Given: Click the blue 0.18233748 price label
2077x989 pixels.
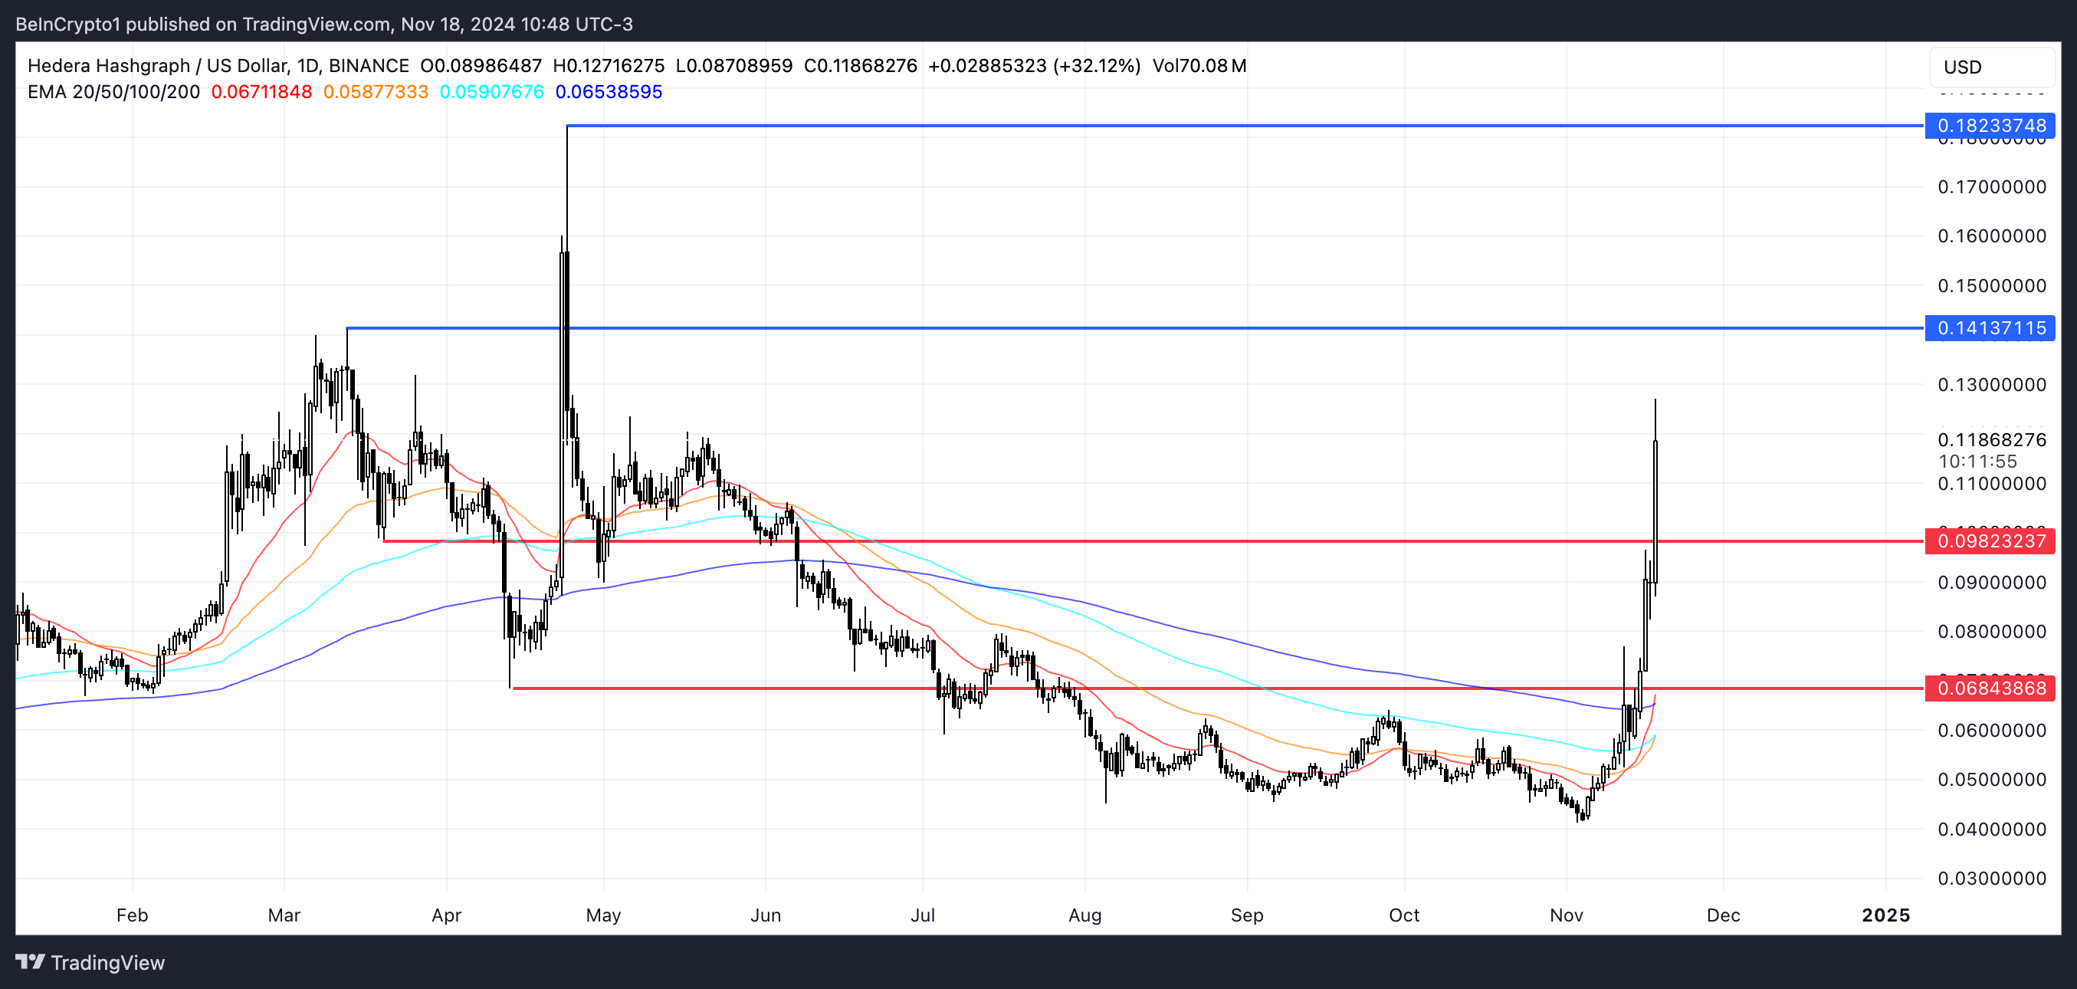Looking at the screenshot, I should coord(1990,126).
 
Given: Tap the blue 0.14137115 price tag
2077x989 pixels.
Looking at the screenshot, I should coord(1990,328).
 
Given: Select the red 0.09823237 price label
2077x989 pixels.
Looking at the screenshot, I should coord(1990,540).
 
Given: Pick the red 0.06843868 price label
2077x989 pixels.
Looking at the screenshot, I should coord(1990,688).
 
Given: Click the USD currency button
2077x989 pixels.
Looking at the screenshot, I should coord(1963,67).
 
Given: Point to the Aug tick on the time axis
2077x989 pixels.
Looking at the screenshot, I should coord(1084,915).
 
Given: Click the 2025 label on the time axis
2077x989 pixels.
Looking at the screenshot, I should coord(1885,915).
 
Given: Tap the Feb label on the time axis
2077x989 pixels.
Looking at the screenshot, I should coord(133,915).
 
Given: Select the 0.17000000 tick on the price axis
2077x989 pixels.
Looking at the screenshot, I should coord(1991,187).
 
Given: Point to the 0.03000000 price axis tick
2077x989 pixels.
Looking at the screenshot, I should coord(1991,878).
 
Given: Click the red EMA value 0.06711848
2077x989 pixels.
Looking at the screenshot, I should coord(261,92).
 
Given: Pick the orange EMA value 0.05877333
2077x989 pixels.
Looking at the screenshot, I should coord(376,92).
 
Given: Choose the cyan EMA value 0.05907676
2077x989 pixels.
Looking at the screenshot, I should coord(492,92).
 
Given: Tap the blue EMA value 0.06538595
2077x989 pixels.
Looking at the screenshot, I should coord(609,92).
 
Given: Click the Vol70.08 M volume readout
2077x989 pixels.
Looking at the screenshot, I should coord(1199,66).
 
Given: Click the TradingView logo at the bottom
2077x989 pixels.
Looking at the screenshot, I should coord(90,962).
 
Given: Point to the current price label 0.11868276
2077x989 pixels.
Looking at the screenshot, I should coord(1991,439).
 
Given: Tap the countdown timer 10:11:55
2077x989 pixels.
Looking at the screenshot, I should coord(1978,462).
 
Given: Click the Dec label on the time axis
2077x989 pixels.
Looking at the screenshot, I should coord(1723,915).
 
